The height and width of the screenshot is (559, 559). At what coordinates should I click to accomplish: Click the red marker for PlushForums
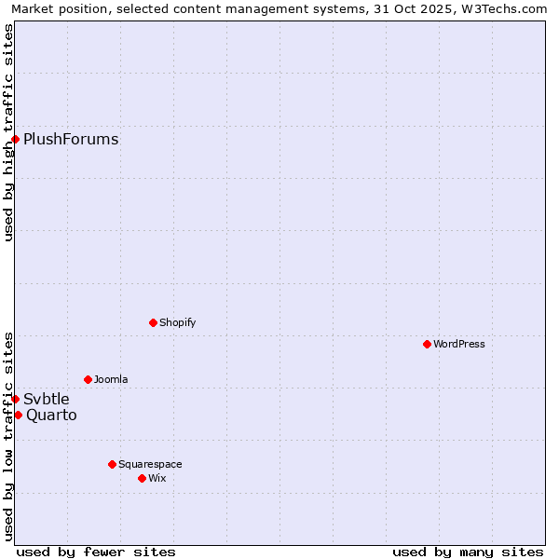(x=15, y=140)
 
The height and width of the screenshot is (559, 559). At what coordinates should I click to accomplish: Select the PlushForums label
(x=71, y=140)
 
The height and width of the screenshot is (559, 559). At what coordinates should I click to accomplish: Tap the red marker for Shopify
(x=153, y=322)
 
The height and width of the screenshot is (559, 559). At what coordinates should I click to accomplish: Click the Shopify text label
(x=177, y=322)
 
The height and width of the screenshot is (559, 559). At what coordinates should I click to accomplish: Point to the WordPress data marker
(x=427, y=344)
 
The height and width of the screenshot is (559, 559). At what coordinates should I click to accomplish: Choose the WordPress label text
(x=459, y=344)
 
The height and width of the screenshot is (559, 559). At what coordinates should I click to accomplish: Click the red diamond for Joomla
(x=88, y=379)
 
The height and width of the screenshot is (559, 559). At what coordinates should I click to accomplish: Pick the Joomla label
(x=111, y=379)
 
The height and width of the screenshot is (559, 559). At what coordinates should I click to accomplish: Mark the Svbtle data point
(x=15, y=399)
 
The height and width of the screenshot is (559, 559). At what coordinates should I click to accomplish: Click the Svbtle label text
(x=47, y=400)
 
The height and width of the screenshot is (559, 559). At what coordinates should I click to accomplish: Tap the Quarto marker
(x=18, y=415)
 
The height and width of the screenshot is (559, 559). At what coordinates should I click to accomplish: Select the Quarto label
(x=51, y=416)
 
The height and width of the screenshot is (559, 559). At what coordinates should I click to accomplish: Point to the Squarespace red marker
(x=112, y=464)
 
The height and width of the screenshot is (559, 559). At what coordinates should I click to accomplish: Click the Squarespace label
(x=150, y=464)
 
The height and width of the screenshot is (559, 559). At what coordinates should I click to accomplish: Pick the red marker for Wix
(x=142, y=478)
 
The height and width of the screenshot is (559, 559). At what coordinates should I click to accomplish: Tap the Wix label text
(x=157, y=478)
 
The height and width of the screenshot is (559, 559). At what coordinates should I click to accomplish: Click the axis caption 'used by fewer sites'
(x=96, y=552)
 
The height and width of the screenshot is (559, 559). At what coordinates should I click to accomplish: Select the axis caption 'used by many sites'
(x=468, y=552)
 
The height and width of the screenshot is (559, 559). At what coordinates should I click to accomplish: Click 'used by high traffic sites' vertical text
(x=8, y=132)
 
